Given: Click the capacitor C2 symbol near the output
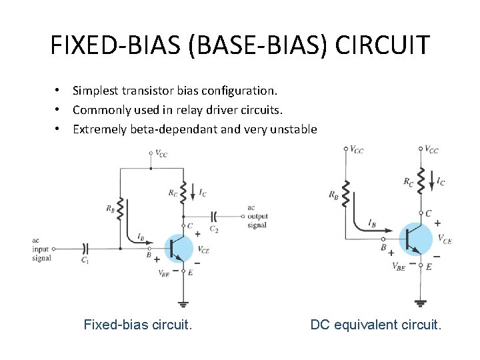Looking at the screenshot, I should point(214,216).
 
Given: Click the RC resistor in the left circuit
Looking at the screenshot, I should point(183,192).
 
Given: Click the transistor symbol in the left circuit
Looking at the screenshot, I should point(178,248).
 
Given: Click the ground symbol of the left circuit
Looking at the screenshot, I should point(183,303).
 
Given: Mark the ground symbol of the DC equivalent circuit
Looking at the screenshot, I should point(420,301).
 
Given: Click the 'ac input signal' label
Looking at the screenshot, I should point(41,249).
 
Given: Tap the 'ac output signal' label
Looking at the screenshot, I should point(257,216).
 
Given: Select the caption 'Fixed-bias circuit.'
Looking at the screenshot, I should point(138,325).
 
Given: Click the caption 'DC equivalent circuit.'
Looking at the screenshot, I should point(375,325).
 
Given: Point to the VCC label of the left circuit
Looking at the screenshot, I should point(160,154).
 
